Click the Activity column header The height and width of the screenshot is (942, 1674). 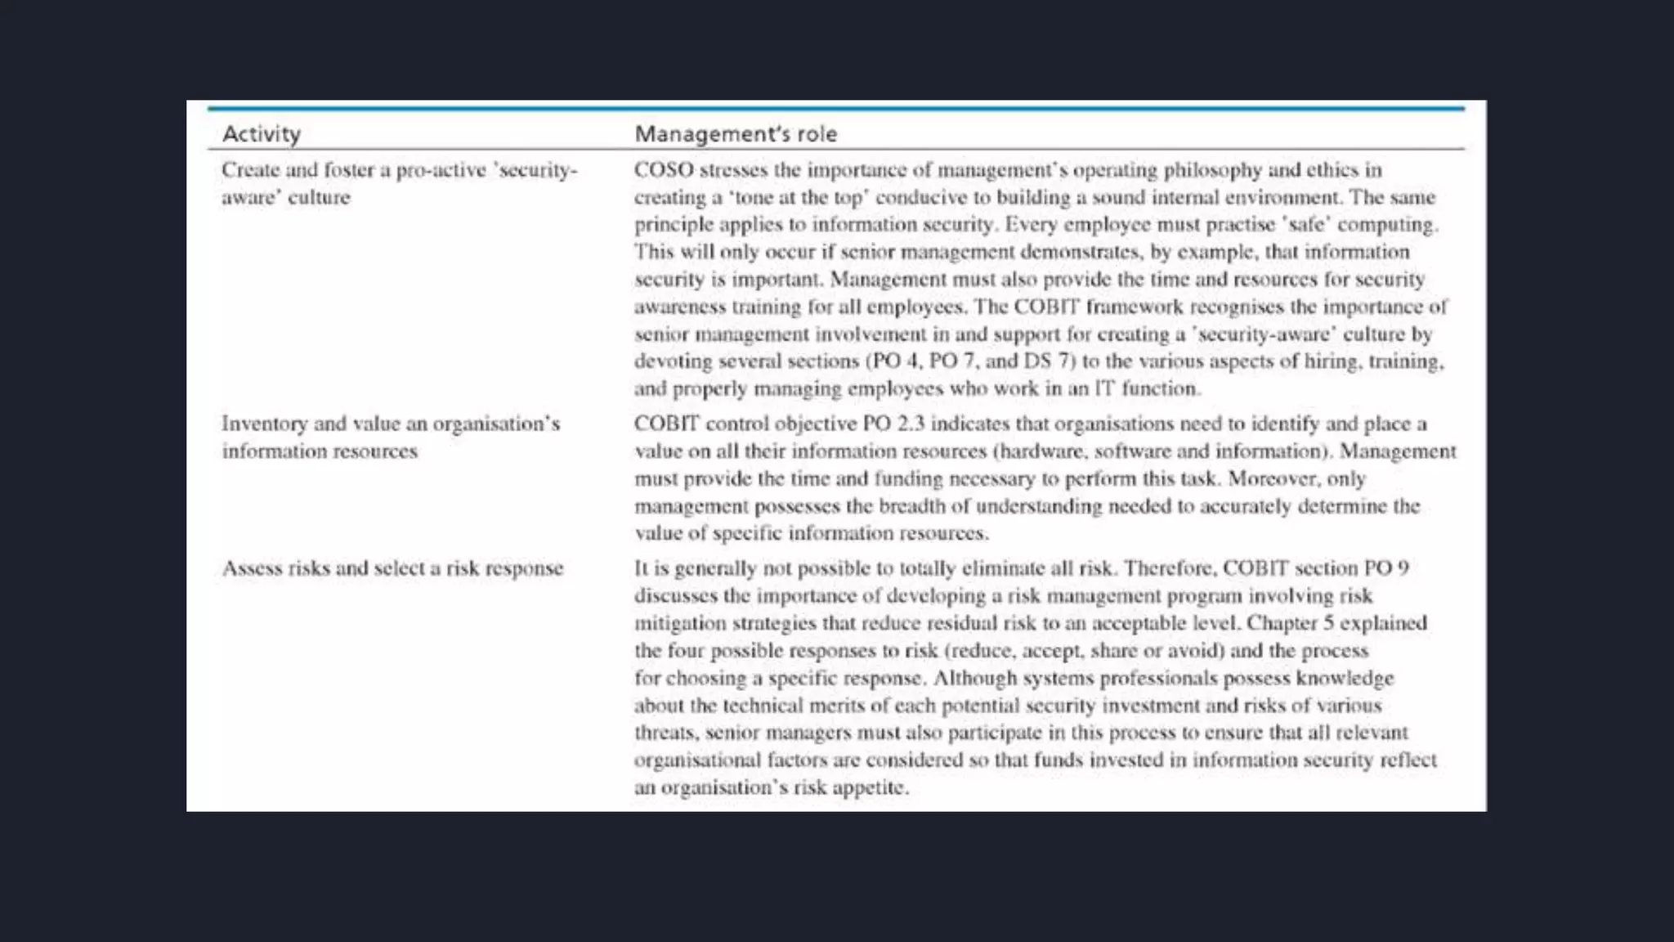click(x=262, y=133)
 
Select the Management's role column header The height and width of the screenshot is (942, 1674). click(x=736, y=133)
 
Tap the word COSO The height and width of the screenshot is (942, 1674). click(x=664, y=170)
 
